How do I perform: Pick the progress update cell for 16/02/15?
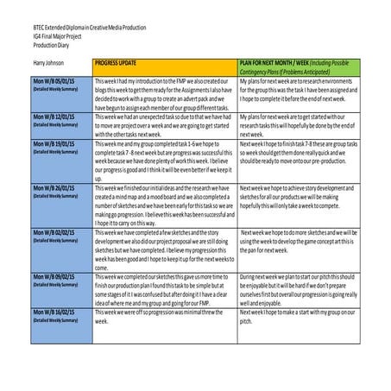[163, 314]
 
